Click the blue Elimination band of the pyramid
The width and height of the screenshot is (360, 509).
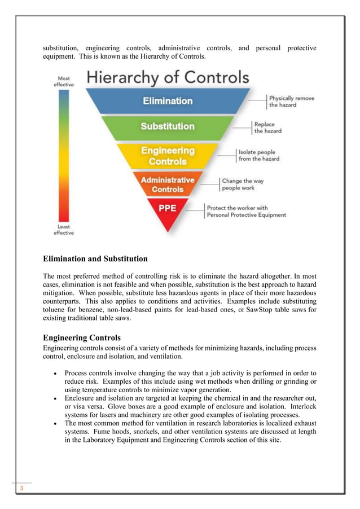[x=168, y=101]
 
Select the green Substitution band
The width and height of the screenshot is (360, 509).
[x=168, y=126]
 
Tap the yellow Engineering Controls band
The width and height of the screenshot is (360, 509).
[x=168, y=156]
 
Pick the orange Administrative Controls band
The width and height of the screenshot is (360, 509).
[x=168, y=185]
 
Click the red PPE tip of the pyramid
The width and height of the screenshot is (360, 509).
[x=168, y=210]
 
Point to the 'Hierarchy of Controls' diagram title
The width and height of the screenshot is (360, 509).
[x=166, y=77]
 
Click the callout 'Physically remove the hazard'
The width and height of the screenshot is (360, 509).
[x=291, y=102]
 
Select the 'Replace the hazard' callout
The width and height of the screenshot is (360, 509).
[x=267, y=128]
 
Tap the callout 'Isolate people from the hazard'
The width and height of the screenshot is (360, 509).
[x=258, y=155]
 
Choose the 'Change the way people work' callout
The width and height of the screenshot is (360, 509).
[x=243, y=185]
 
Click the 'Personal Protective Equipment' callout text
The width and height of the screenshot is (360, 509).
[x=246, y=211]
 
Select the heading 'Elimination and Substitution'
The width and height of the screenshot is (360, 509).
[x=95, y=259]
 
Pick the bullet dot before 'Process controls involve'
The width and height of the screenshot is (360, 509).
[x=53, y=374]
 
